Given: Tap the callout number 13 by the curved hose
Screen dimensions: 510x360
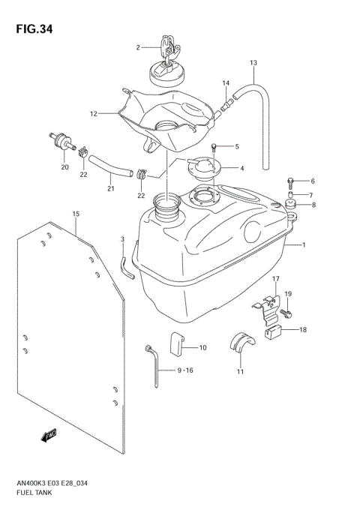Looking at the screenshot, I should point(253,62).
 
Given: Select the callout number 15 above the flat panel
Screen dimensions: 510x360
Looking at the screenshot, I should point(76,214).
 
